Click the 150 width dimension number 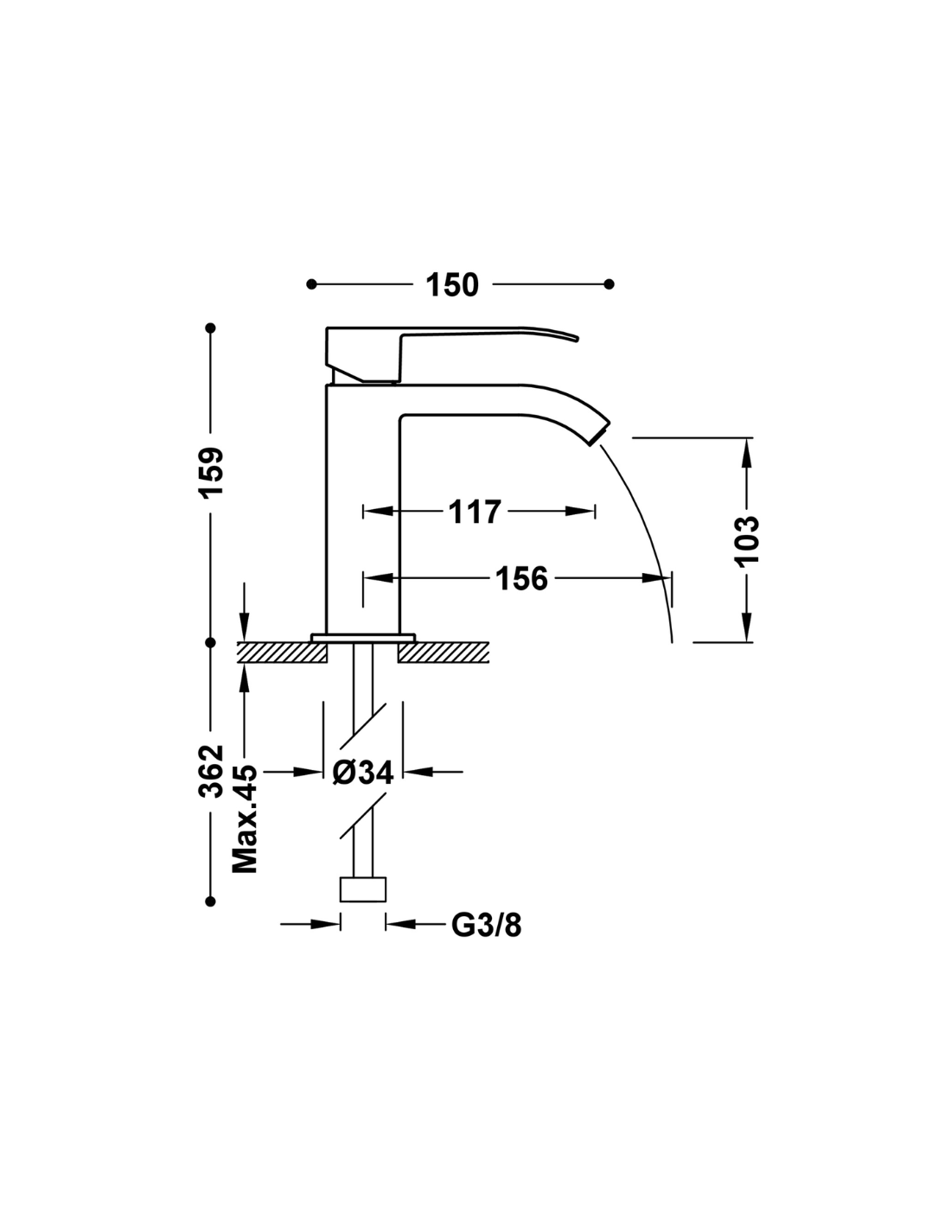[x=452, y=284]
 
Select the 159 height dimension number [x=211, y=473]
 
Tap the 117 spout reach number [x=475, y=512]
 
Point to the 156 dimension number [x=521, y=578]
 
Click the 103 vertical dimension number [x=746, y=539]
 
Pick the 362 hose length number [x=211, y=772]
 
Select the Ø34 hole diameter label [x=362, y=772]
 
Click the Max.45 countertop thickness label [x=245, y=819]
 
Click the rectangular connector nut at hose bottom [x=362, y=889]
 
